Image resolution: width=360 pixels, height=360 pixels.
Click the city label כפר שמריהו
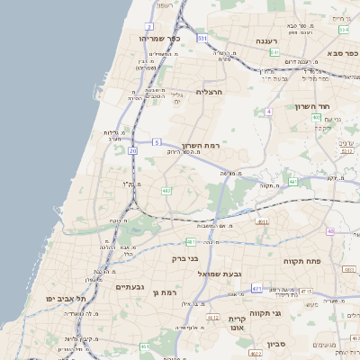162,39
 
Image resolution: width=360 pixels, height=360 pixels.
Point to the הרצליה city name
209,92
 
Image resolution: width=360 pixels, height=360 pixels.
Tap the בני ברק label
186,258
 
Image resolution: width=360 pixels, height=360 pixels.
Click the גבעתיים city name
130,286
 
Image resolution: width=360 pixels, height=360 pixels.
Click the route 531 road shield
202,39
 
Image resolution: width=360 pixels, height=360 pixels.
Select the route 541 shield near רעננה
274,52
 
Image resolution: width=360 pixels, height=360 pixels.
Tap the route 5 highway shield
157,142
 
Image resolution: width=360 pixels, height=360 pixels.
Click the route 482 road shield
166,191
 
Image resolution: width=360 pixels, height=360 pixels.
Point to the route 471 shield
256,289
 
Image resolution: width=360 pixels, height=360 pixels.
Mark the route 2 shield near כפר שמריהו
149,28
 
